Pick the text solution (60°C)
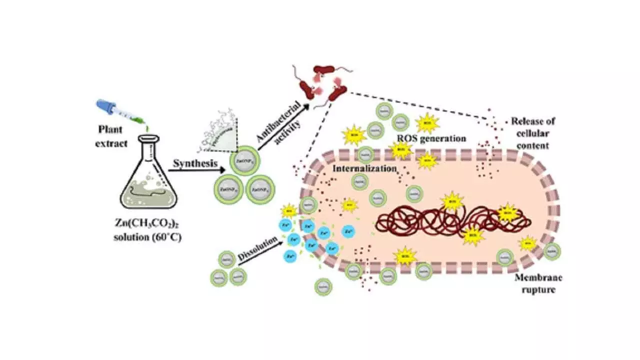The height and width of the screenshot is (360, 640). (x=147, y=237)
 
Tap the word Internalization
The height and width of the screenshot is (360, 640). (x=364, y=168)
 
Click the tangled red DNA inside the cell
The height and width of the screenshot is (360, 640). (x=450, y=218)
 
